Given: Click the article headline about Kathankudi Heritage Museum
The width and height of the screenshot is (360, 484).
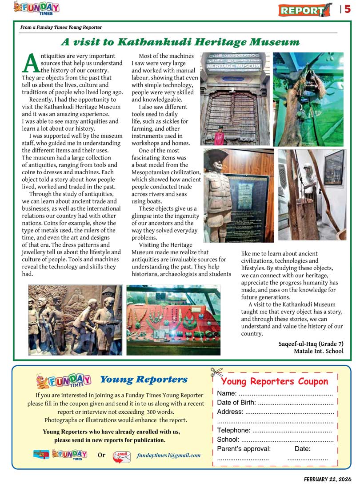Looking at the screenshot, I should click(x=180, y=42).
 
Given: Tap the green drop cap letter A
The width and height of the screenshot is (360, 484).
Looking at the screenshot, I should click(x=30, y=64).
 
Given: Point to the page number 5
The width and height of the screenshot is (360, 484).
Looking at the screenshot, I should click(x=348, y=9).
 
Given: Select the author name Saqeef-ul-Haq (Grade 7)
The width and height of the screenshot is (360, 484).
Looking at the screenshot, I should click(x=311, y=344).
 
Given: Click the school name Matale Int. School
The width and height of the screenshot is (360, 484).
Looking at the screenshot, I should click(x=318, y=351).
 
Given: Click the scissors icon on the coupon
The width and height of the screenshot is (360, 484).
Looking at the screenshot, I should click(x=216, y=372).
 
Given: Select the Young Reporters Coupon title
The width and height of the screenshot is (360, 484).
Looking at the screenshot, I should click(x=274, y=381).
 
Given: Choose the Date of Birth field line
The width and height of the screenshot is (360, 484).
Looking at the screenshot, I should click(x=275, y=403).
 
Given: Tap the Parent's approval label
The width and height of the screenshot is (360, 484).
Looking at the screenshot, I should click(x=244, y=448).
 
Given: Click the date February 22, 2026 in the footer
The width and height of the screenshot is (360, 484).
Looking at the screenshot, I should click(x=329, y=479).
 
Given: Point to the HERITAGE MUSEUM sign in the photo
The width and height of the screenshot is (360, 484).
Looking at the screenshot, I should click(x=235, y=65).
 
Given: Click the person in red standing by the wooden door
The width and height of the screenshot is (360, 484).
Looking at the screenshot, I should click(x=219, y=136).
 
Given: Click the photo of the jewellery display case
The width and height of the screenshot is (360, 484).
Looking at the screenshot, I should click(x=173, y=320).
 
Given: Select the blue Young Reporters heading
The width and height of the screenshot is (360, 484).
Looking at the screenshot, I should click(x=144, y=380).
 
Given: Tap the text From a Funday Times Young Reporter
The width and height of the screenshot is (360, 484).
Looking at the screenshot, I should click(x=61, y=28).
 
